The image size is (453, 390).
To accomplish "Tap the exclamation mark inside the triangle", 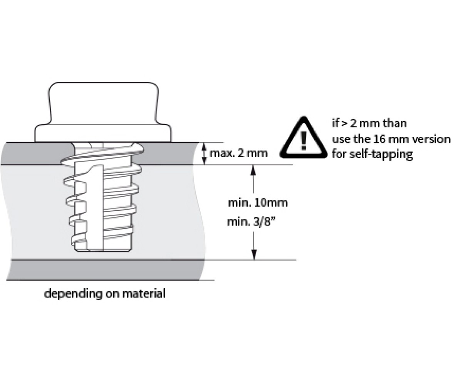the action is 304,141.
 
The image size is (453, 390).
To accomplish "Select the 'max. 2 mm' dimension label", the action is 238,153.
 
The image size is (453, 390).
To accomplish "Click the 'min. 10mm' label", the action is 258,203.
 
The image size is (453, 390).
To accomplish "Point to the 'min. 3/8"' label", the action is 250,222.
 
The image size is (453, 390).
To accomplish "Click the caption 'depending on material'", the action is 105,294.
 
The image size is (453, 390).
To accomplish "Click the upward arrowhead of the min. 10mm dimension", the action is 253,170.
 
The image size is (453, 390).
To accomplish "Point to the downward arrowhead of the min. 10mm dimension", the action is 254,255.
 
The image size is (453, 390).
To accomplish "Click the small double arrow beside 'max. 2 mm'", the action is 205,154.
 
